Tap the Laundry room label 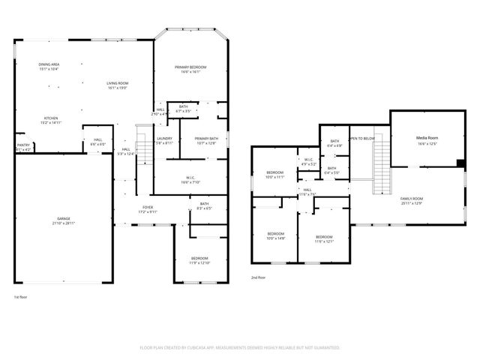click(x=164, y=139)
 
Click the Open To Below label click(x=361, y=139)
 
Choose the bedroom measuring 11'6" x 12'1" click(x=324, y=238)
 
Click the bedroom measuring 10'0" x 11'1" click(x=275, y=175)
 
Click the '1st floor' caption click(x=22, y=297)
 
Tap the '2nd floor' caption click(x=259, y=277)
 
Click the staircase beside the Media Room click(x=382, y=165)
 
